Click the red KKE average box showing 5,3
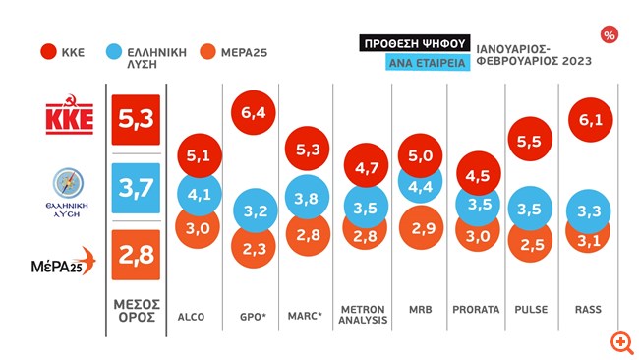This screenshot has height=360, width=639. (x=136, y=119)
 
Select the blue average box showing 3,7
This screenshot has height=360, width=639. (x=136, y=188)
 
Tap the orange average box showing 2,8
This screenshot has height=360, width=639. (x=136, y=255)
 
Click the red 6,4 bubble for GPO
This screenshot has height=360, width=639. (x=253, y=112)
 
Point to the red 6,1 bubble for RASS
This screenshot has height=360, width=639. (x=590, y=119)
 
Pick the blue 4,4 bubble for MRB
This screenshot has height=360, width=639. (x=420, y=186)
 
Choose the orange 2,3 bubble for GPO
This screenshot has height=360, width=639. (x=253, y=249)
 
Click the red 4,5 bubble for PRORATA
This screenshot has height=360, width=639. (x=478, y=175)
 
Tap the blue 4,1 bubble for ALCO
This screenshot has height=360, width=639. (x=200, y=194)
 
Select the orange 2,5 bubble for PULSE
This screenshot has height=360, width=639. (x=530, y=244)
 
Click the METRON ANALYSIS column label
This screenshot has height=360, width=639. (x=363, y=315)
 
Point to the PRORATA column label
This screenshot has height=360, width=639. (x=476, y=310)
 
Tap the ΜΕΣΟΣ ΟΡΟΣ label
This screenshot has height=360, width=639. (x=137, y=311)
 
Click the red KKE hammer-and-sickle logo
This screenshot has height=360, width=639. (x=69, y=114)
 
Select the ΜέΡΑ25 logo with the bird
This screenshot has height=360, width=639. (x=64, y=261)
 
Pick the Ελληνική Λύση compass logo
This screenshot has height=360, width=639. (x=67, y=193)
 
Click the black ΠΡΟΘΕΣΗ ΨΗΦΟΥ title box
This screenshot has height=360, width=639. (x=415, y=43)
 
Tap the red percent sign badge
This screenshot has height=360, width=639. (x=610, y=35)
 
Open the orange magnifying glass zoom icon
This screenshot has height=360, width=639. (x=621, y=342)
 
